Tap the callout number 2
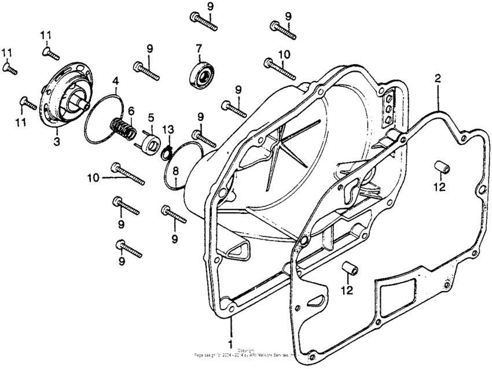coord(438,78)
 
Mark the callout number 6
coord(131,110)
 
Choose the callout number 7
coord(199,48)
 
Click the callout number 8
coord(174,171)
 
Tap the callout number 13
coord(168,128)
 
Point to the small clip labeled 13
coord(167,152)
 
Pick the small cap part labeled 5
coord(150,141)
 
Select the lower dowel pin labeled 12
coord(349,269)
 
